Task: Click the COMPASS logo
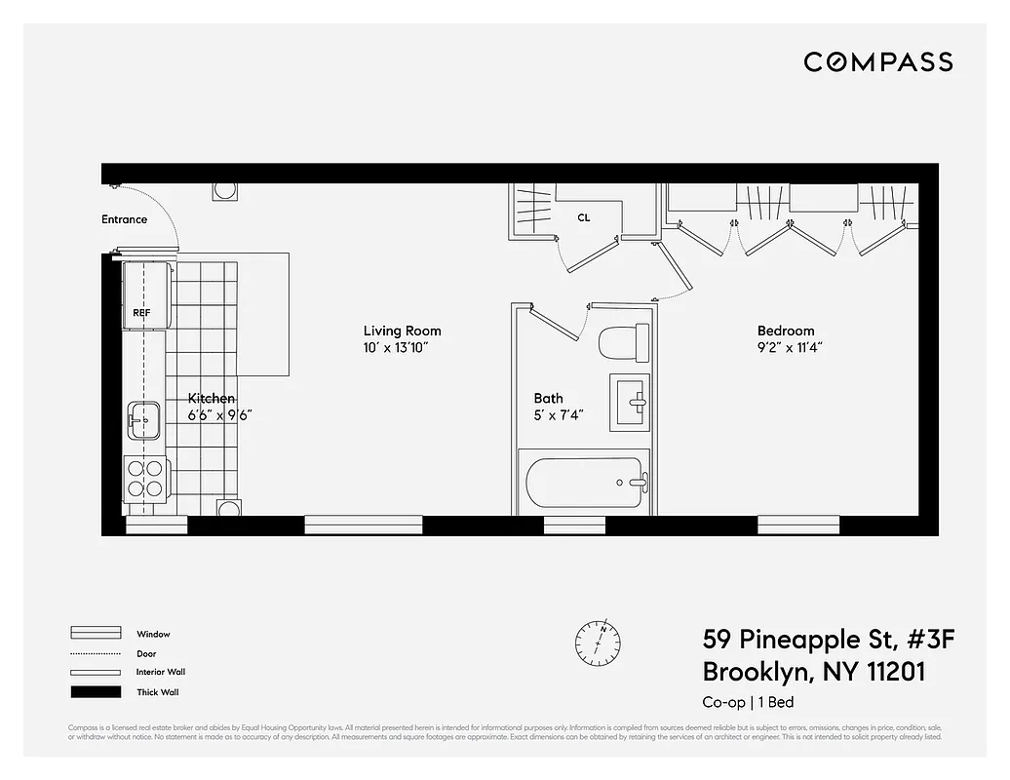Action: (x=877, y=62)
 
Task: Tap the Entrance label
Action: (x=125, y=219)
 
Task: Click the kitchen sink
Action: (x=144, y=420)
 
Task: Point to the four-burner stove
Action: (x=145, y=478)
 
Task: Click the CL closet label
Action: (x=583, y=218)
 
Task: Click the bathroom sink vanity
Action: (x=630, y=401)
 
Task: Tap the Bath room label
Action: (x=548, y=398)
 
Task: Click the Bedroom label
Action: (x=786, y=331)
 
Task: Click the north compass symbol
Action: (x=598, y=640)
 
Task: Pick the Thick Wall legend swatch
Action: (x=96, y=692)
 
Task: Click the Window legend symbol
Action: (x=96, y=634)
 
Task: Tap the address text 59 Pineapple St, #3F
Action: (x=829, y=640)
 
